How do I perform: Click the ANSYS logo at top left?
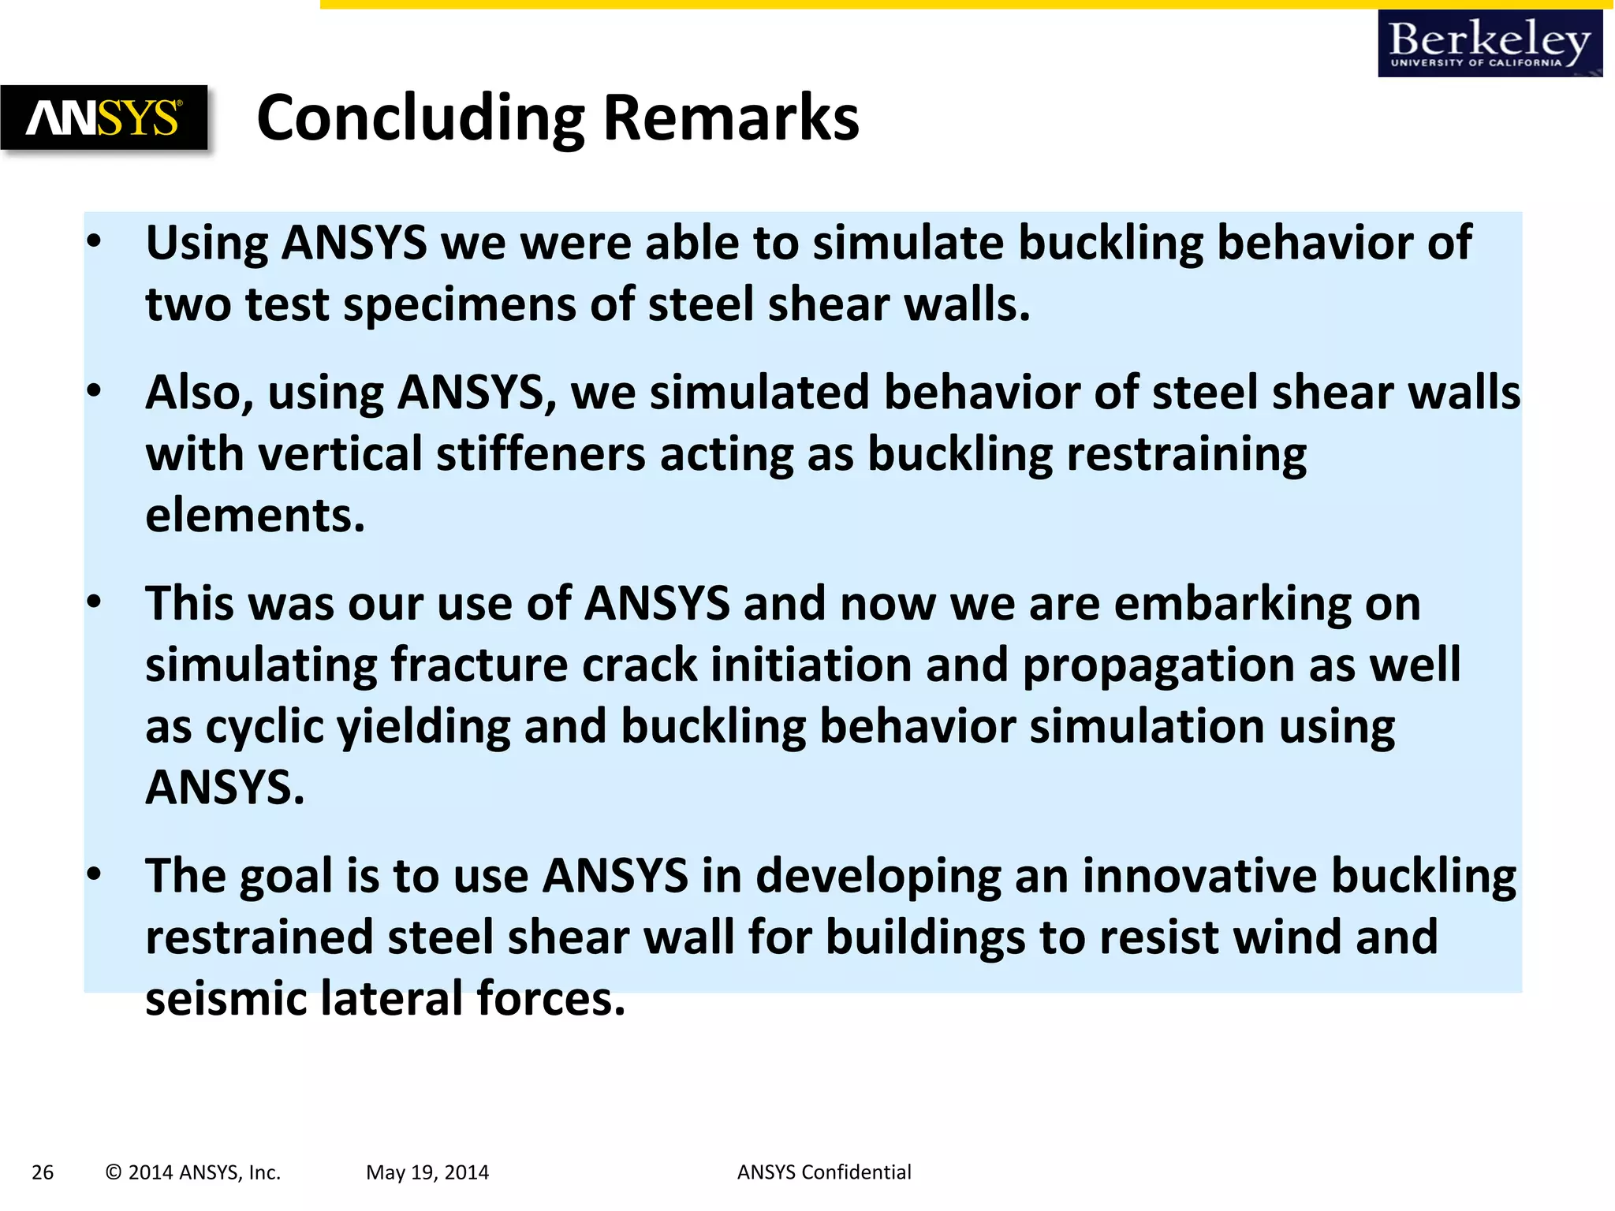tap(103, 117)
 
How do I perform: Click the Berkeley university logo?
tap(1490, 44)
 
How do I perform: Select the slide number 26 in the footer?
tap(43, 1172)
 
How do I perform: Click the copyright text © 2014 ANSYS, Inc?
tap(193, 1172)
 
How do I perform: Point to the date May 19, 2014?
tap(427, 1172)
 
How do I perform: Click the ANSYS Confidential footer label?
tap(824, 1172)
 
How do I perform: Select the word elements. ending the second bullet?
tap(255, 516)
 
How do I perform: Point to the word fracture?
tap(479, 665)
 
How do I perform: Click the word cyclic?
tap(264, 727)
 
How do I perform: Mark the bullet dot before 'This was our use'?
tap(95, 603)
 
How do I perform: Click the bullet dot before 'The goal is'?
tap(95, 875)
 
